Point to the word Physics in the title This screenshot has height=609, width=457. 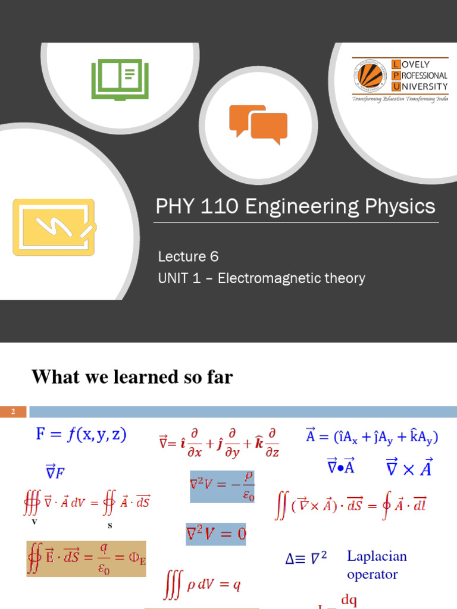point(399,207)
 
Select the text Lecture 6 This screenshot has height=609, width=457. point(188,256)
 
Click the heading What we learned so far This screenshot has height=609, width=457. point(132,376)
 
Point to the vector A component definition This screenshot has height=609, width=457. point(372,438)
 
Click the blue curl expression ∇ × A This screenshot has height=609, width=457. point(409,468)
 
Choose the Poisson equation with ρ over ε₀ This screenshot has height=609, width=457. point(223,486)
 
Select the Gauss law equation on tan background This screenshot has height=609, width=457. point(86,558)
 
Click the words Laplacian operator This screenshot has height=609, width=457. point(377,565)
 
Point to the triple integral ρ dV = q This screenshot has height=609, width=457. point(202,585)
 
